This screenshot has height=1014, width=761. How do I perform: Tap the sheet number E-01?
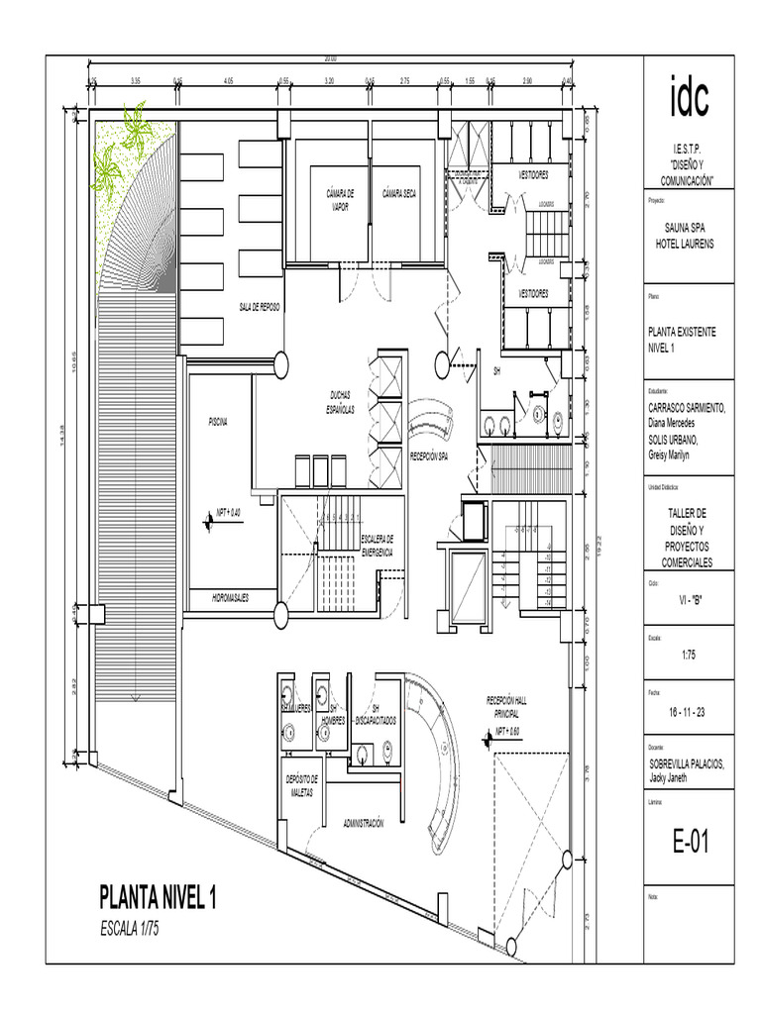click(x=687, y=843)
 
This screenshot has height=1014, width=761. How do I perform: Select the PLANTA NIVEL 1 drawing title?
click(x=158, y=898)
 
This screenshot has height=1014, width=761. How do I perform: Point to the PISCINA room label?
click(x=217, y=423)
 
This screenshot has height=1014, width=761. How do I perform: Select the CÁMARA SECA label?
click(x=399, y=194)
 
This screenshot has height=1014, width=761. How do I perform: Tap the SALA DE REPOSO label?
click(x=260, y=308)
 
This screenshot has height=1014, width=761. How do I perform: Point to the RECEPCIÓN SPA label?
click(x=429, y=456)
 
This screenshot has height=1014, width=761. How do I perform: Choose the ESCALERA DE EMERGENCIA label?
click(x=377, y=545)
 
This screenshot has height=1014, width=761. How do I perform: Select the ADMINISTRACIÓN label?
click(x=363, y=823)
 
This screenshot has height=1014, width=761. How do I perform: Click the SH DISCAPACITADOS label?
click(x=376, y=715)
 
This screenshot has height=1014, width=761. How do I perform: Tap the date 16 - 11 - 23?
click(x=687, y=713)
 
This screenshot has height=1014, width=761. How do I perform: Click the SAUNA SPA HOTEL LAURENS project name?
click(x=687, y=235)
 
